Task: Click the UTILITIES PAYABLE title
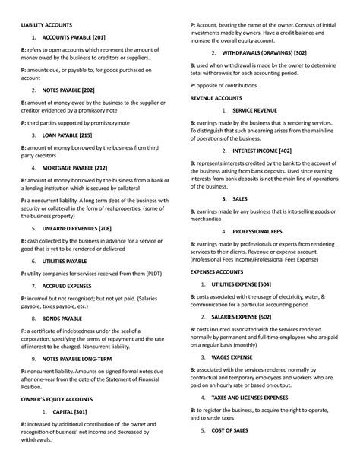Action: pyautogui.click(x=65, y=261)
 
